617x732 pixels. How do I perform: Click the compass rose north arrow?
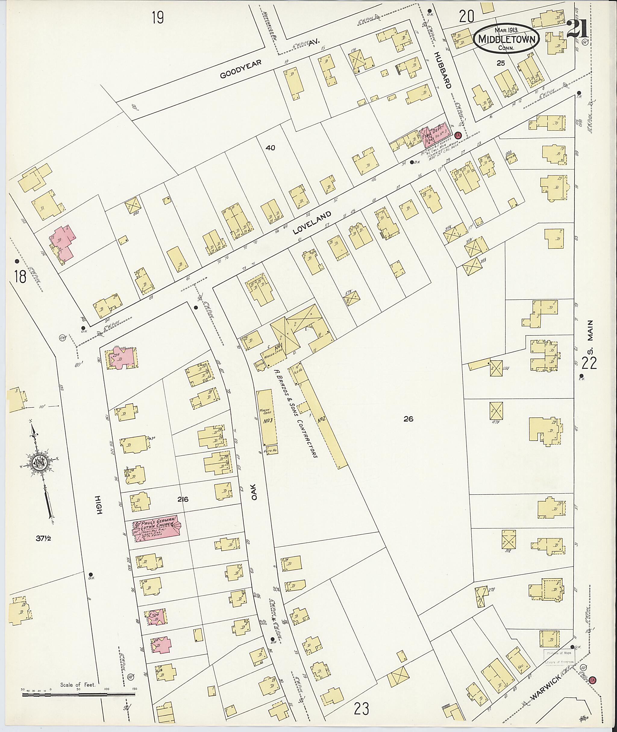(x=39, y=462)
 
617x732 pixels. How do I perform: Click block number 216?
(x=183, y=499)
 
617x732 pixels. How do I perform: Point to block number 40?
(x=270, y=148)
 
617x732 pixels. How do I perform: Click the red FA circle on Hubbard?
(x=458, y=135)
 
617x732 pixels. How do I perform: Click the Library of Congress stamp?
(x=558, y=658)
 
